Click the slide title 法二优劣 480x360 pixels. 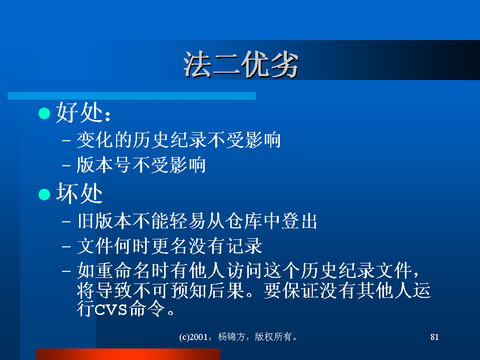241,65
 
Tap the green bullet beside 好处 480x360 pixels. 45,113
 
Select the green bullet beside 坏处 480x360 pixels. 45,194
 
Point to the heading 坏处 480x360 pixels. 79,193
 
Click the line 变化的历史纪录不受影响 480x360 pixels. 179,140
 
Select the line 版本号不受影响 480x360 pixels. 141,165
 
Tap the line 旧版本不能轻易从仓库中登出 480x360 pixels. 197,221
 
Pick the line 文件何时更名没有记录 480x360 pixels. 169,246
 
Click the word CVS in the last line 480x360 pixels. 111,310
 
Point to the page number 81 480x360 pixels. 434,337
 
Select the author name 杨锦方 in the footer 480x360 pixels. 231,337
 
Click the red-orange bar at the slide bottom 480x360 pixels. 128,354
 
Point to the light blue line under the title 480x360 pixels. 132,96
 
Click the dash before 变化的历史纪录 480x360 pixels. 67,141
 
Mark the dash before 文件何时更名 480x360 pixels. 67,246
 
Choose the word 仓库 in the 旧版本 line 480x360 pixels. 243,221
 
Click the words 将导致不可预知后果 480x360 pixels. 161,290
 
